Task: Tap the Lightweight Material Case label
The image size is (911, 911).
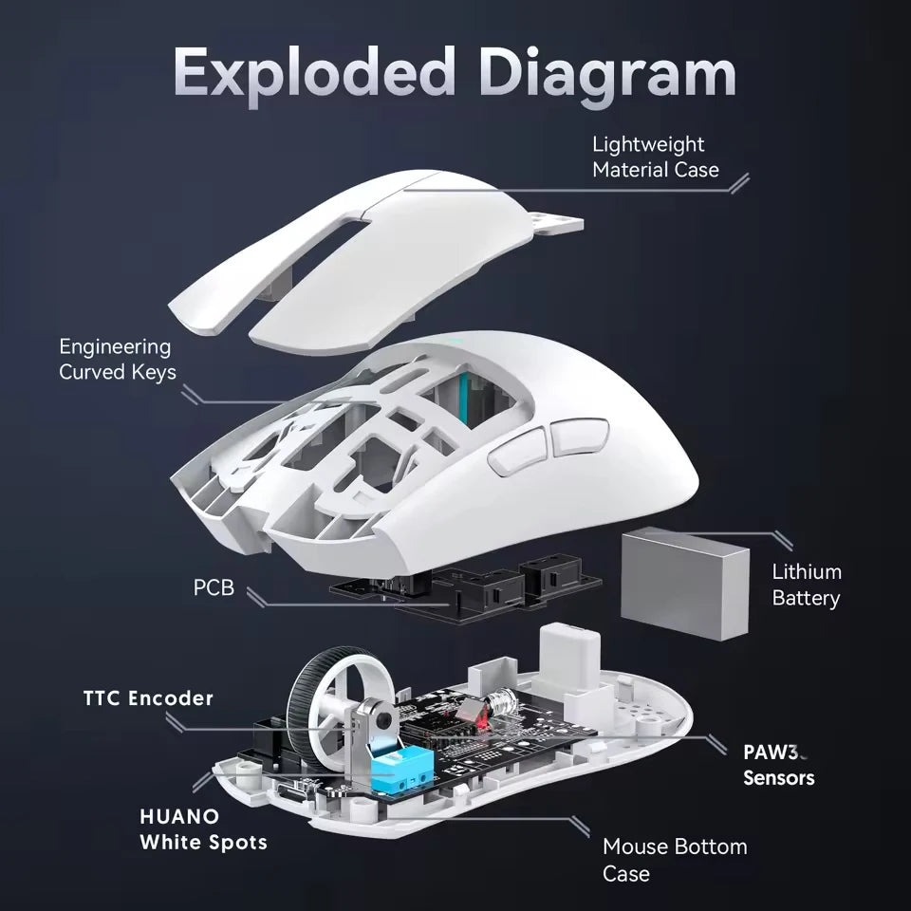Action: [655, 157]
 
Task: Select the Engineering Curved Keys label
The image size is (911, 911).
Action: [117, 360]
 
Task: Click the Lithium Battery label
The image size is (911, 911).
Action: [806, 585]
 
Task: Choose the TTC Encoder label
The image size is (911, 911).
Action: [146, 698]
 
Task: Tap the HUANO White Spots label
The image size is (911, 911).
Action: [203, 828]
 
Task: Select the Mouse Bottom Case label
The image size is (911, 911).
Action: [675, 859]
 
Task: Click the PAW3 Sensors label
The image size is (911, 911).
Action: [778, 765]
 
